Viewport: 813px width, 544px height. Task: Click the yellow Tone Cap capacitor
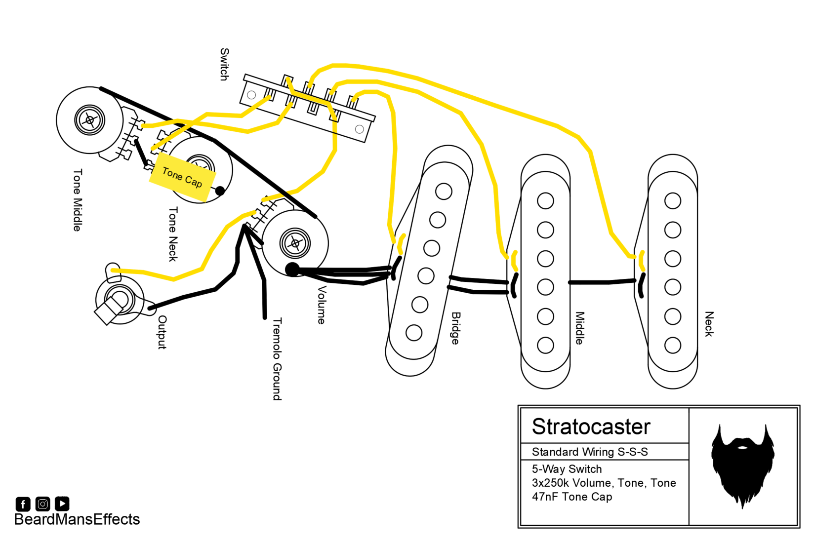[x=183, y=177]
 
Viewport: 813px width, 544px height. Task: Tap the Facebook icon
[x=23, y=504]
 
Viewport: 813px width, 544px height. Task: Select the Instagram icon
[x=43, y=504]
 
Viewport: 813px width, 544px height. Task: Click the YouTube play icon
[x=62, y=504]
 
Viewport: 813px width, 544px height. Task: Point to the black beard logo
[x=742, y=466]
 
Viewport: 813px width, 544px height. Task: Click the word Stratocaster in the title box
[x=591, y=427]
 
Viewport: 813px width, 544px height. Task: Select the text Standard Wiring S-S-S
[x=590, y=452]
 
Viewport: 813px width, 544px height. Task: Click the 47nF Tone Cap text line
[x=572, y=497]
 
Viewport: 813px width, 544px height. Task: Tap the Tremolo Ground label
[x=277, y=359]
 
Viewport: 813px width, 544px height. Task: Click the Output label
[x=162, y=332]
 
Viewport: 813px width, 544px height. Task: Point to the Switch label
[x=225, y=64]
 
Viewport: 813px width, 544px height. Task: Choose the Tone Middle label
[x=78, y=200]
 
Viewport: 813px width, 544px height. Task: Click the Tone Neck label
[x=173, y=234]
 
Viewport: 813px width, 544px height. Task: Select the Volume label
[x=322, y=305]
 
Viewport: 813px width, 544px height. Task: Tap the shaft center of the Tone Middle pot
[x=90, y=120]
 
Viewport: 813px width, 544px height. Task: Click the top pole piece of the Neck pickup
[x=673, y=201]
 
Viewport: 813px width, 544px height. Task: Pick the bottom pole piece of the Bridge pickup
[x=414, y=333]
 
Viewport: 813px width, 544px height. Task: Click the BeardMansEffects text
[x=77, y=519]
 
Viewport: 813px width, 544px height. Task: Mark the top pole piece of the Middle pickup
[x=545, y=201]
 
